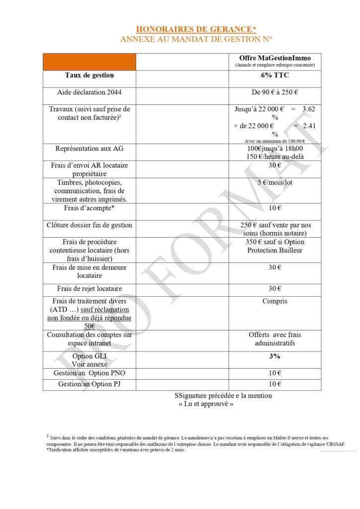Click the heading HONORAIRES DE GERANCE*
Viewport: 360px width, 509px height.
pos(196,29)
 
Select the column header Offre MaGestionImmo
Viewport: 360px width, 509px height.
pos(275,58)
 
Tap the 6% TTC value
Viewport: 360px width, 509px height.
pos(275,76)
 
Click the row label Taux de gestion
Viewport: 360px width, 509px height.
pos(90,76)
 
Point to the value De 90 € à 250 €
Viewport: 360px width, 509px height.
pos(275,92)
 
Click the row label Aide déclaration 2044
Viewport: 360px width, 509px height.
pos(90,92)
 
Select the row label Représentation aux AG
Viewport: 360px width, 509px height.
pos(90,148)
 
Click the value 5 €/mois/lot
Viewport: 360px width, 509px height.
pos(275,182)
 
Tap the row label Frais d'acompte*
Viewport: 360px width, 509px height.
pos(90,208)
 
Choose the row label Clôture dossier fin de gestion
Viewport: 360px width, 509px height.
pos(90,225)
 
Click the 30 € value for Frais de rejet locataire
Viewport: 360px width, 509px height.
pos(275,288)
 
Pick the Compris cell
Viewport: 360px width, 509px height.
pos(275,301)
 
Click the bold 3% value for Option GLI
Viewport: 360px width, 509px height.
pos(275,356)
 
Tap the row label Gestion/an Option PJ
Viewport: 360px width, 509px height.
pos(90,384)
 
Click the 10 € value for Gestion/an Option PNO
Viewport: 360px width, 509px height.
pos(275,373)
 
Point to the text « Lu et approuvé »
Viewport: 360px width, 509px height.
pos(206,404)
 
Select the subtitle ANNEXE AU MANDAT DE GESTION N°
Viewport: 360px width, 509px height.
pos(196,39)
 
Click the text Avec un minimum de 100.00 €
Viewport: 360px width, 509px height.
pos(275,141)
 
